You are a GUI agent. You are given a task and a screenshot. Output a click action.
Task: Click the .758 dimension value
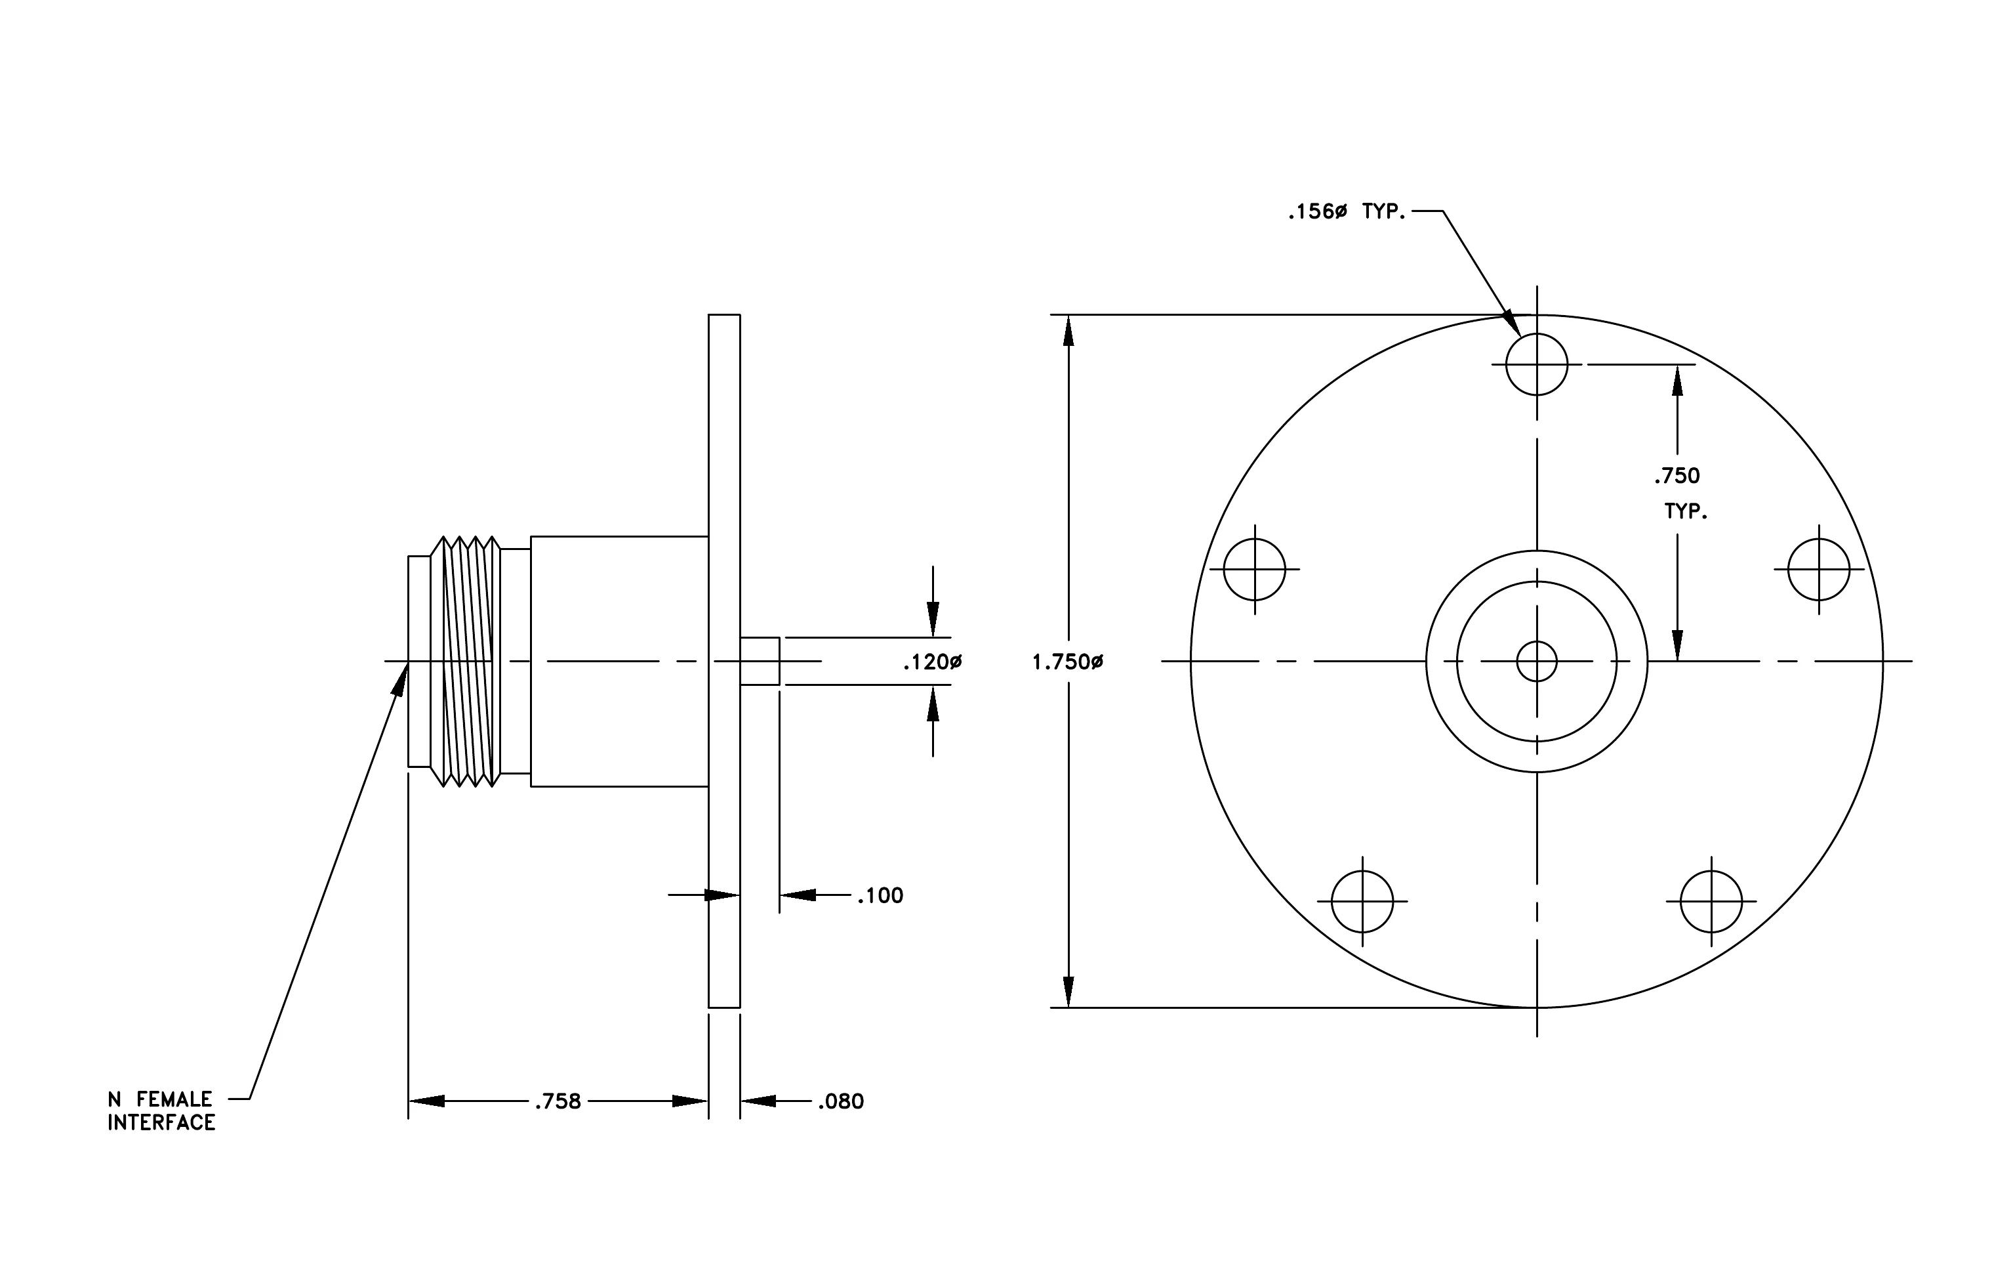point(558,1101)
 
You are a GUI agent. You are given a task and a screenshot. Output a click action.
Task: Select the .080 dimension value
point(841,1101)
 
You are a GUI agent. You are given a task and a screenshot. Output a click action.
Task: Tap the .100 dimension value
point(880,896)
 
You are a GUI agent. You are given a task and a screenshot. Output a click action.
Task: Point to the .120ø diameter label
point(933,662)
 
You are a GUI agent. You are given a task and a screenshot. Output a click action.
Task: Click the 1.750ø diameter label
point(1068,662)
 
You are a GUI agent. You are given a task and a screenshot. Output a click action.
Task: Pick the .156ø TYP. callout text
point(1347,211)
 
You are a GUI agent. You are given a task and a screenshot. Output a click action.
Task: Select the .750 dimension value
point(1677,476)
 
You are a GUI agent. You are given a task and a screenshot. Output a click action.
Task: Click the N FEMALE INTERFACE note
point(161,1111)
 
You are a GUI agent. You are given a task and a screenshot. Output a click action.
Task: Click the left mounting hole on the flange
point(1254,570)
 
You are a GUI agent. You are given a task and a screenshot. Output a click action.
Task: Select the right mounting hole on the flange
point(1819,570)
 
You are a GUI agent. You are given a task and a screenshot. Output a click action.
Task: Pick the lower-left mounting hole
point(1362,902)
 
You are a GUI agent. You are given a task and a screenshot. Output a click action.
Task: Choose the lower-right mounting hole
point(1711,902)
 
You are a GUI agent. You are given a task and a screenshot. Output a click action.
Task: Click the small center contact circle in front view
point(1537,662)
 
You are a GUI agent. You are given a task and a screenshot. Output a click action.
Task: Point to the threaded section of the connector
point(466,662)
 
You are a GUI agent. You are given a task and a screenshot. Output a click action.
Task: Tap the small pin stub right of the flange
point(760,662)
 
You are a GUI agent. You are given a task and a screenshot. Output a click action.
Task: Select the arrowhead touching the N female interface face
point(400,679)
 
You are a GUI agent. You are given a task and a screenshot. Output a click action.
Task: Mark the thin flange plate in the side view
point(724,661)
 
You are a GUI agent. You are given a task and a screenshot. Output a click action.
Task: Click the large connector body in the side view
point(619,662)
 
